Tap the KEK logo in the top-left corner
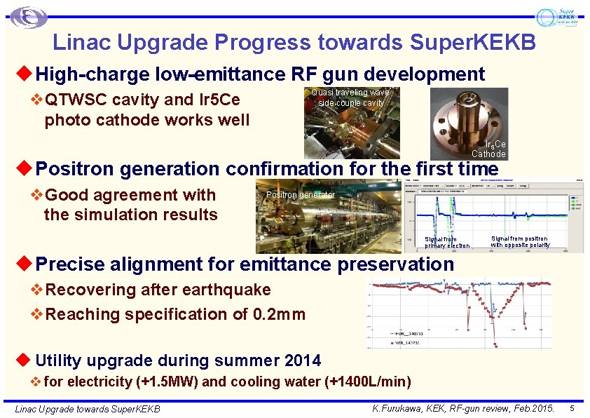point(29,18)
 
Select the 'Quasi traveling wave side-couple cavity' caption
point(351,97)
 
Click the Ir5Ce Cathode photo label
point(488,149)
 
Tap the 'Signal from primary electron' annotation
point(446,242)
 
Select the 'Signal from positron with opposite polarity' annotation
point(520,242)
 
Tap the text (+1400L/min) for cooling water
point(369,382)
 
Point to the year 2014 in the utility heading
point(303,360)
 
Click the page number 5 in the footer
point(572,407)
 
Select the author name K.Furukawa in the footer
point(396,407)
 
